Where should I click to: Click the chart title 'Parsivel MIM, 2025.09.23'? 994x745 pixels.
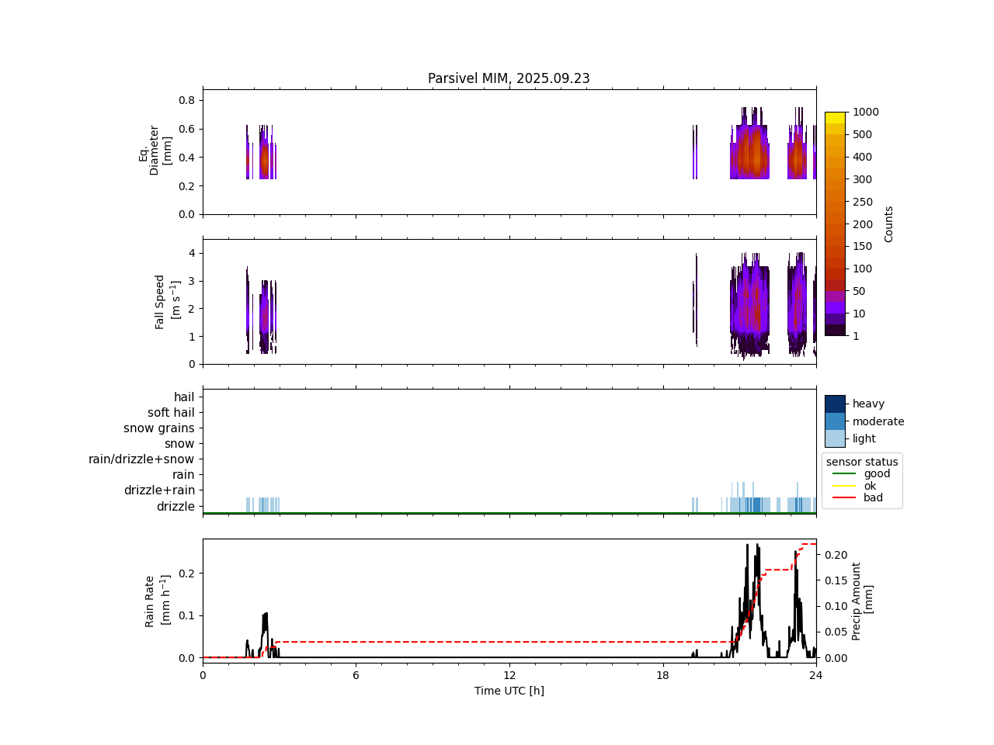click(509, 78)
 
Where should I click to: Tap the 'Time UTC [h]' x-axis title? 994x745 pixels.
click(509, 691)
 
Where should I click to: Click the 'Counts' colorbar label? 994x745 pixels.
click(888, 223)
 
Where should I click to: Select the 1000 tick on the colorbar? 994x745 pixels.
click(866, 112)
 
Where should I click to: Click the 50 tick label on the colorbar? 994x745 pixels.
click(860, 291)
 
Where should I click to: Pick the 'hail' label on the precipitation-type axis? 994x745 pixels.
click(184, 397)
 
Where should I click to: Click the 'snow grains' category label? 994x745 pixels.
click(159, 428)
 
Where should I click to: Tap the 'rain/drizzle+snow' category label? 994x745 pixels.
click(141, 459)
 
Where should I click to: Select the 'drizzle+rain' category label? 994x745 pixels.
click(159, 490)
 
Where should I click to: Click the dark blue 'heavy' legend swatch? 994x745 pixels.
click(835, 404)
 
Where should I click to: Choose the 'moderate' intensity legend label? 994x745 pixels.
click(878, 421)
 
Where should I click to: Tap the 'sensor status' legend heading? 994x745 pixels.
click(862, 462)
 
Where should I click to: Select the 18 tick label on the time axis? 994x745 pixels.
click(662, 675)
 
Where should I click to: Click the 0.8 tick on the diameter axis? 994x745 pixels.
click(186, 100)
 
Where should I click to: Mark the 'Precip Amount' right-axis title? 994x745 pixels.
click(862, 601)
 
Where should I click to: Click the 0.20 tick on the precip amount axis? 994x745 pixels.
click(836, 555)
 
